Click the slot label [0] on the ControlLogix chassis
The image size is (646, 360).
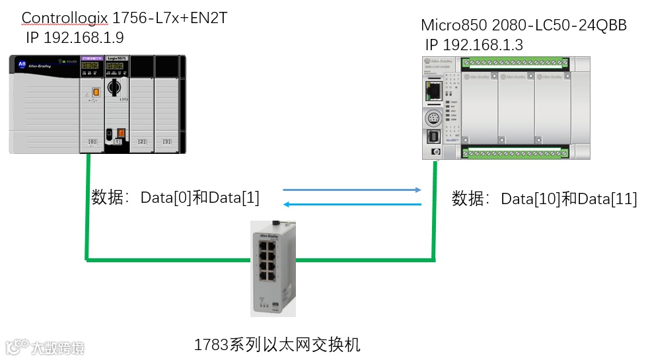(92, 142)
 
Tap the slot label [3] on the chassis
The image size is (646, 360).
(167, 142)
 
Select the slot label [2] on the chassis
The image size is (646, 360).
(142, 142)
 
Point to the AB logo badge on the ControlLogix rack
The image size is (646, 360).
(22, 65)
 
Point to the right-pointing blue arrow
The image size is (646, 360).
(352, 190)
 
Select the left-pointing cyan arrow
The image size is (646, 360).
(352, 204)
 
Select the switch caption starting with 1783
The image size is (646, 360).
(277, 344)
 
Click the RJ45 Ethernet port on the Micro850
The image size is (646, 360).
(434, 90)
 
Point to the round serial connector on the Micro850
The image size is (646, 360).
(435, 118)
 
